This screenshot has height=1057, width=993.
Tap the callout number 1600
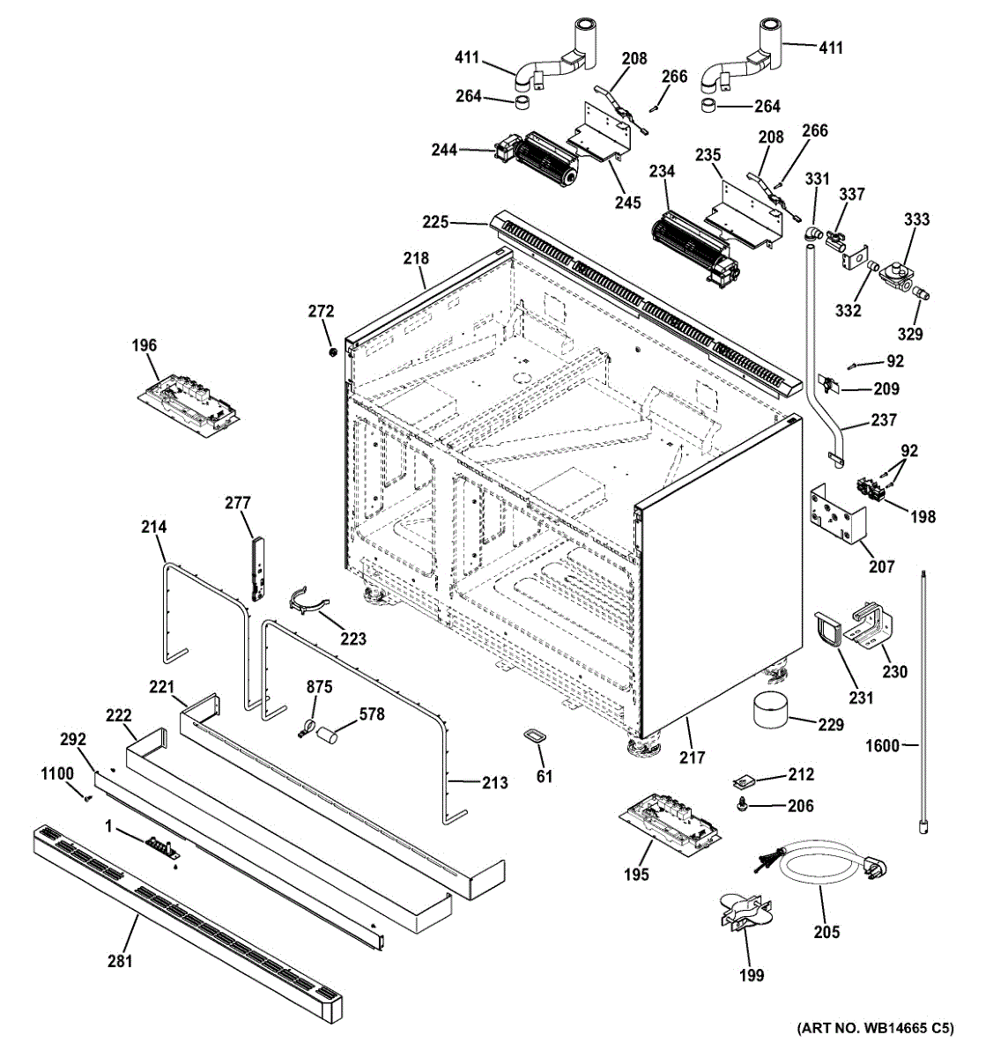[882, 746]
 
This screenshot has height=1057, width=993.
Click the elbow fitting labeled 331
[813, 234]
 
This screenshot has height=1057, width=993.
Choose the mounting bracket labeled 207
[838, 513]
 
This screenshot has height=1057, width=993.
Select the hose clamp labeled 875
[308, 727]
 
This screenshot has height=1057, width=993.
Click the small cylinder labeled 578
[329, 735]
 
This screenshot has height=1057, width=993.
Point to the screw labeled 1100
[87, 797]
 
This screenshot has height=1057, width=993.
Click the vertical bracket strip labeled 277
[258, 568]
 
